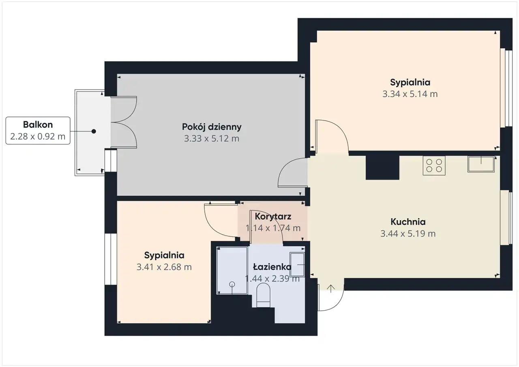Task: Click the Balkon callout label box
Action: click(38, 131)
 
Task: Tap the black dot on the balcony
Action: click(94, 131)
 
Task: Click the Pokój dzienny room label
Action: click(212, 127)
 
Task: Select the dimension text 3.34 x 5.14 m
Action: click(410, 94)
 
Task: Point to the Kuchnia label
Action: click(408, 222)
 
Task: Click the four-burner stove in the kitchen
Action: click(434, 165)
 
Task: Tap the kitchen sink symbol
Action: click(481, 164)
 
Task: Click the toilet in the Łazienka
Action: click(264, 295)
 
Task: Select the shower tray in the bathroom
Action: click(232, 270)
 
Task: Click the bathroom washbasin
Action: click(297, 264)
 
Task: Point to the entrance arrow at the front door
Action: click(331, 288)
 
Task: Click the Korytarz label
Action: click(273, 217)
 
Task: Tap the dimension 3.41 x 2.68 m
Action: click(164, 267)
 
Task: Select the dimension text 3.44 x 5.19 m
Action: click(408, 234)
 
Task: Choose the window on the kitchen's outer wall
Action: click(506, 217)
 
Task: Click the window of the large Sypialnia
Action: click(506, 88)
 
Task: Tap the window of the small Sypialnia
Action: click(111, 259)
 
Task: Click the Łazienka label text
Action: click(272, 267)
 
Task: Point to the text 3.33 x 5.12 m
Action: click(212, 139)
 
